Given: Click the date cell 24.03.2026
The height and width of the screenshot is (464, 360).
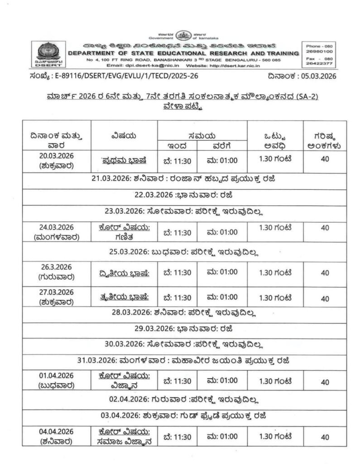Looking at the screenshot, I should click(57, 227).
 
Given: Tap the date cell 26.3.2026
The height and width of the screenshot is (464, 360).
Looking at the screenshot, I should click(57, 267).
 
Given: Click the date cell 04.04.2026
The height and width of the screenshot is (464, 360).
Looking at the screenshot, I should click(57, 431).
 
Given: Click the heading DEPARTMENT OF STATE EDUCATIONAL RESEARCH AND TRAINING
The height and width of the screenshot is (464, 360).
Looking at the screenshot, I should click(183, 53).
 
